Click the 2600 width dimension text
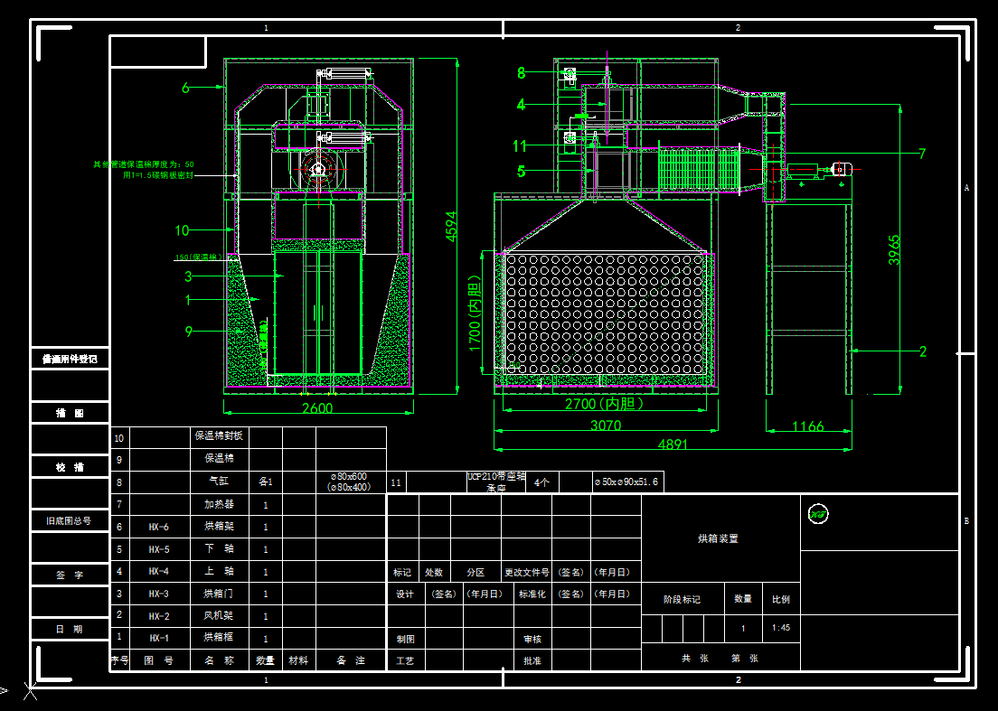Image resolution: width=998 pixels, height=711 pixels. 317,408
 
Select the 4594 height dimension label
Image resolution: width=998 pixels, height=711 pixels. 451,227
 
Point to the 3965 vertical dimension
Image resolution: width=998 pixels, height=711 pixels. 893,256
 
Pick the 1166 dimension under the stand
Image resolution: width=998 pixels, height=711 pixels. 807,426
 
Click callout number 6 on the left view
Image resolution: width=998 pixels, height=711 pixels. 186,88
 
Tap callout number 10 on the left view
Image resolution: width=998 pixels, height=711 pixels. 182,230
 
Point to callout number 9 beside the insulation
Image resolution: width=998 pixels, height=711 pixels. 189,332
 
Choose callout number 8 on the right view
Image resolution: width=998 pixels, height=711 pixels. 521,73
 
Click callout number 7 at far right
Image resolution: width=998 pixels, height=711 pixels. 922,154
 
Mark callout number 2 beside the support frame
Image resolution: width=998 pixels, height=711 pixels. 923,351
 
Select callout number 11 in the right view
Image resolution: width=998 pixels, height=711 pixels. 520,145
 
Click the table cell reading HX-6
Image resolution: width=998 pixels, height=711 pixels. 159,527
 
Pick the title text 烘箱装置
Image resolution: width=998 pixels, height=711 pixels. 719,538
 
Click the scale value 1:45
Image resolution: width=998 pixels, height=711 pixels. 780,628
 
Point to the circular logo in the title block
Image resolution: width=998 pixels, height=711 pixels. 818,514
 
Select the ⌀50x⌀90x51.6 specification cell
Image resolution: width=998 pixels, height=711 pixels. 627,482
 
